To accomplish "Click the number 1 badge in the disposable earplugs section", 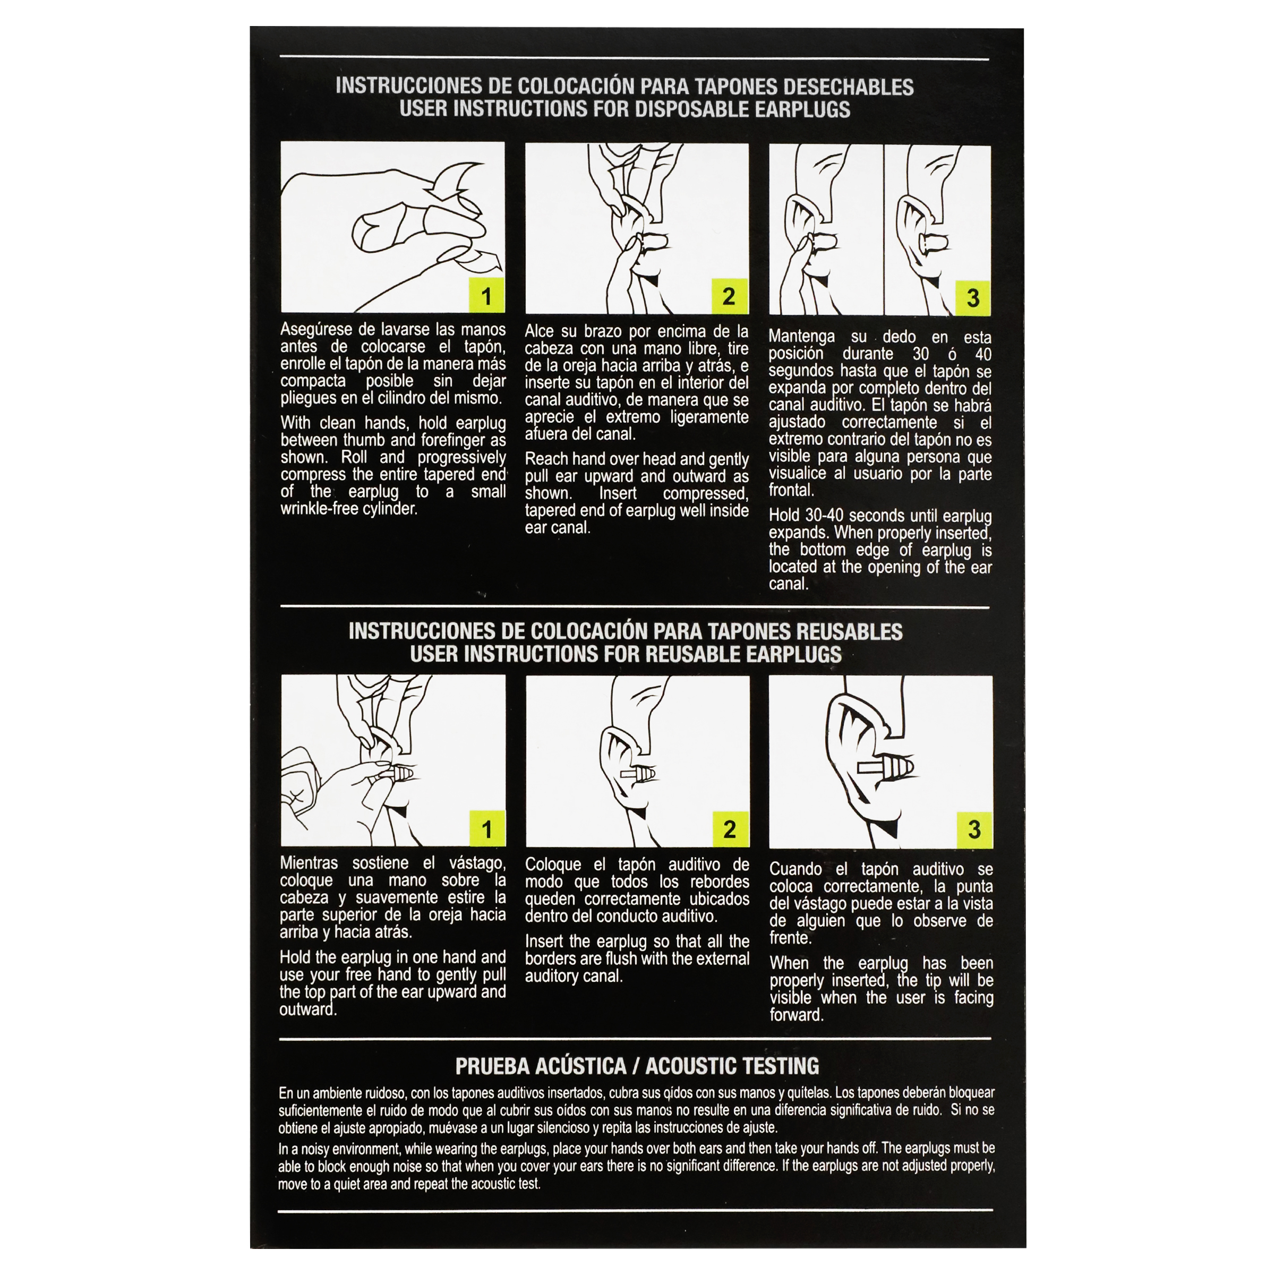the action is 486,295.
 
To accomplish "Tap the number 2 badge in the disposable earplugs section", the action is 729,296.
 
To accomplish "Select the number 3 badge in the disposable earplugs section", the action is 973,297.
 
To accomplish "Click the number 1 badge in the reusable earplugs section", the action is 487,828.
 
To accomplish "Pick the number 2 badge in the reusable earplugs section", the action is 730,829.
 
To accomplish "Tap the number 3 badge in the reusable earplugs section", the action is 974,830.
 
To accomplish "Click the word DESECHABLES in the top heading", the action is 848,87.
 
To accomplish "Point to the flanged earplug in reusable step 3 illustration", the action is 886,767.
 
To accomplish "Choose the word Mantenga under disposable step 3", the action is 801,337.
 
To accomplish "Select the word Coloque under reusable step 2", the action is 552,865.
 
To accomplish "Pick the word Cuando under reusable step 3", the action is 796,869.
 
